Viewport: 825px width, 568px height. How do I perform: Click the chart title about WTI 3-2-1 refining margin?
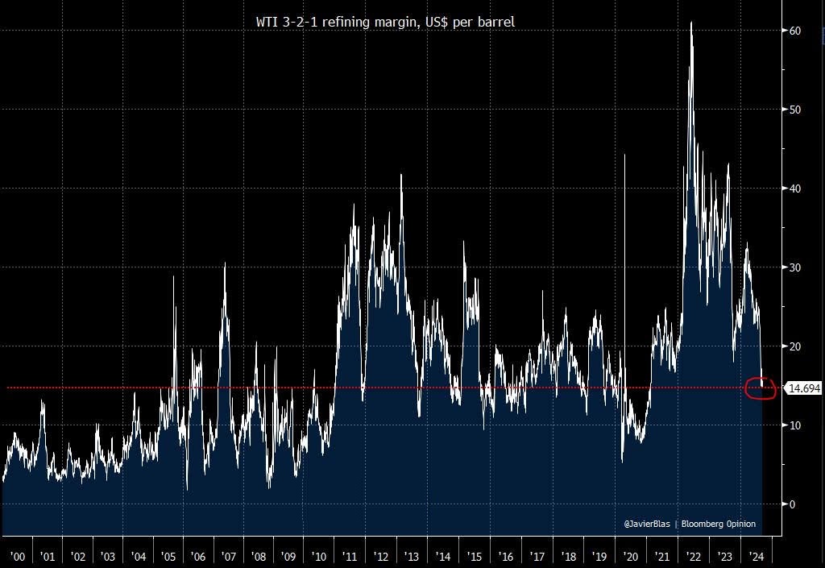click(385, 23)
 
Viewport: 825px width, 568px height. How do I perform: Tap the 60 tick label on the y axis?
click(794, 31)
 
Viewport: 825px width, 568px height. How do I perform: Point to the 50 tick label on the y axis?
click(794, 110)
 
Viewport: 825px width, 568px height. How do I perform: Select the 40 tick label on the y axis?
click(794, 189)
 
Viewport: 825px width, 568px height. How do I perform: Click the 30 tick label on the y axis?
click(794, 267)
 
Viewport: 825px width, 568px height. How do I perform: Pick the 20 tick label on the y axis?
click(794, 346)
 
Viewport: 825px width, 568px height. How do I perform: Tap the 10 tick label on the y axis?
click(794, 425)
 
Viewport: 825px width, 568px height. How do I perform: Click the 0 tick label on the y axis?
click(792, 504)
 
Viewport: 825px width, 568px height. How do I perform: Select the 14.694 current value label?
click(804, 388)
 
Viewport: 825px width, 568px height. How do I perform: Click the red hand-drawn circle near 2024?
click(761, 389)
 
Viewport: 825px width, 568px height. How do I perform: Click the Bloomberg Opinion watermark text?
click(719, 524)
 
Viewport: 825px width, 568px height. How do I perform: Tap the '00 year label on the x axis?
click(17, 557)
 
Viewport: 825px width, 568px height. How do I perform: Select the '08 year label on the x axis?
click(259, 557)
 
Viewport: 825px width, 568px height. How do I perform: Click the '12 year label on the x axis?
click(381, 557)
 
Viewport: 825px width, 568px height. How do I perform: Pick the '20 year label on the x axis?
click(630, 557)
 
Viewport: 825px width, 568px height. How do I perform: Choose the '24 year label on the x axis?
click(757, 557)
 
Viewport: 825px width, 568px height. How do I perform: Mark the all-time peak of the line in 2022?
click(691, 23)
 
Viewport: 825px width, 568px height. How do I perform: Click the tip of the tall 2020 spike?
click(625, 154)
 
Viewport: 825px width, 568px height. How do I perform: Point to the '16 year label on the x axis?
click(506, 557)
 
